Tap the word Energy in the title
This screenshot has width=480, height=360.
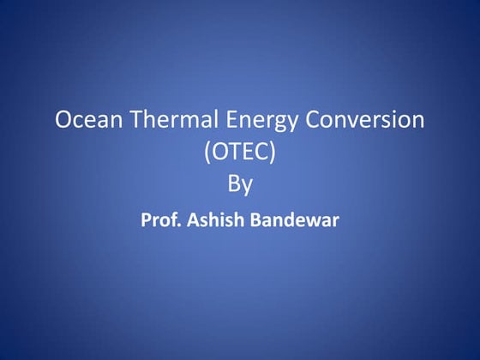tap(250, 122)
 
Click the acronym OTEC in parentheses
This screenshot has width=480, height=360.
tap(240, 153)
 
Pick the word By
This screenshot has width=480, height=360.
tap(240, 184)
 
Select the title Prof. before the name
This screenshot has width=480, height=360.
tap(159, 219)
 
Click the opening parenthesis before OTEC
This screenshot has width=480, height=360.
tap(208, 153)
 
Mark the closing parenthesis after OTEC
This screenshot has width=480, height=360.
tap(272, 153)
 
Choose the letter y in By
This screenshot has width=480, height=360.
tap(249, 186)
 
